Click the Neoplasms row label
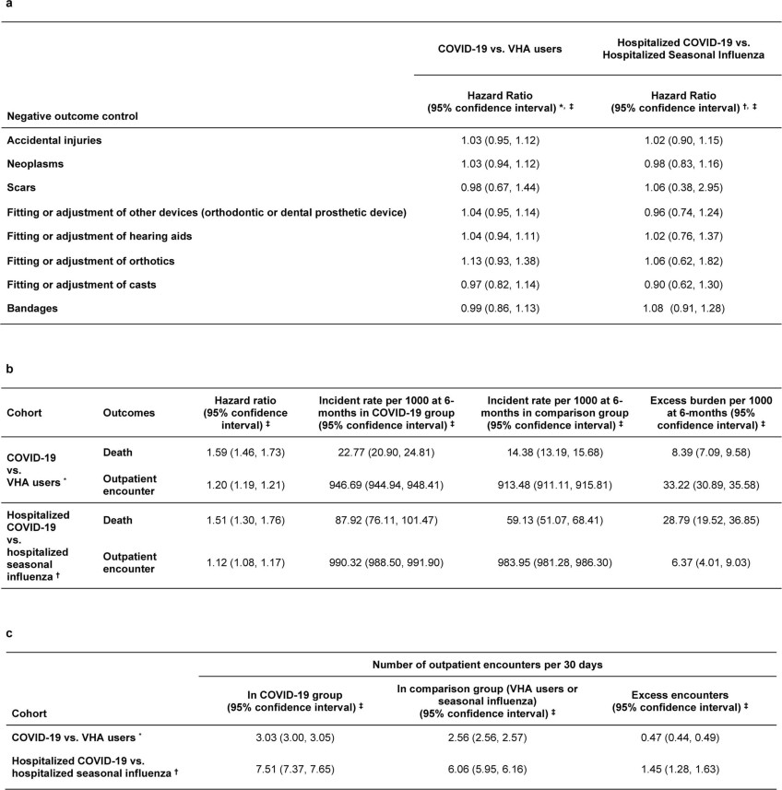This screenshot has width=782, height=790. click(38, 164)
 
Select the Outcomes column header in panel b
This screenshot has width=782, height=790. click(128, 413)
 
